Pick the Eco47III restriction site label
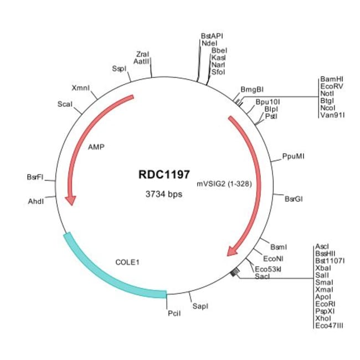tap(329, 325)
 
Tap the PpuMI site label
tap(293, 157)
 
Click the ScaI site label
tap(65, 104)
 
